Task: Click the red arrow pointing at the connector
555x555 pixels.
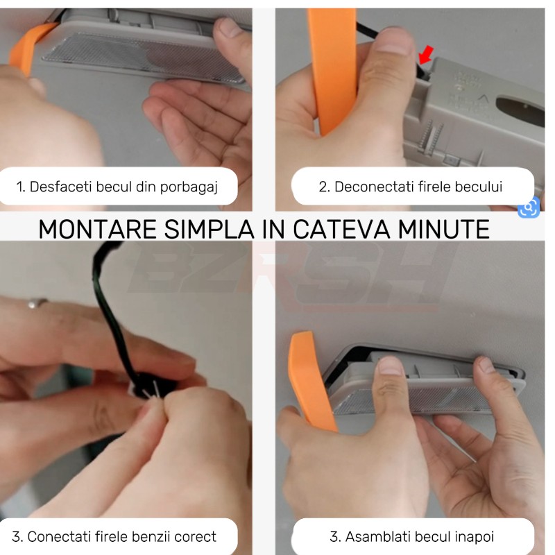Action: (425, 55)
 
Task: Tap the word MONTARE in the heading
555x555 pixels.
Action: (97, 230)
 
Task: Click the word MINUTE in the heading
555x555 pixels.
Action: (443, 230)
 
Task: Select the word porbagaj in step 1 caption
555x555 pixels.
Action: (189, 187)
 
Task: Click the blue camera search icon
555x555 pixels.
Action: (529, 207)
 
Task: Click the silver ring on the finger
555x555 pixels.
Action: (37, 302)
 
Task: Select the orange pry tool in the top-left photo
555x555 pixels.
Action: (28, 46)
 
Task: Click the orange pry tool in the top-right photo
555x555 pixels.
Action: (332, 71)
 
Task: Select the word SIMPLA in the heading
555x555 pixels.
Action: (210, 230)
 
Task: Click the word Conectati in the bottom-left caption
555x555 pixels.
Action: (62, 536)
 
